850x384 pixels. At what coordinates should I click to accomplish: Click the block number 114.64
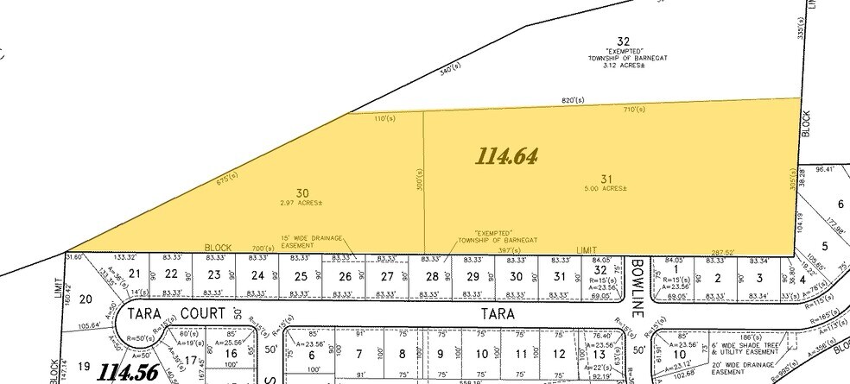(x=507, y=156)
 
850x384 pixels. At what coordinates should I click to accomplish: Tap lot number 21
(x=134, y=274)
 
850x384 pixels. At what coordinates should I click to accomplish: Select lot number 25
(x=301, y=276)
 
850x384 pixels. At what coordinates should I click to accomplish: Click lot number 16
(x=231, y=354)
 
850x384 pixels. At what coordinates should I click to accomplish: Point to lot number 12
(x=559, y=354)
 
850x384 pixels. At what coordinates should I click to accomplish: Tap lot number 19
(x=84, y=366)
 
